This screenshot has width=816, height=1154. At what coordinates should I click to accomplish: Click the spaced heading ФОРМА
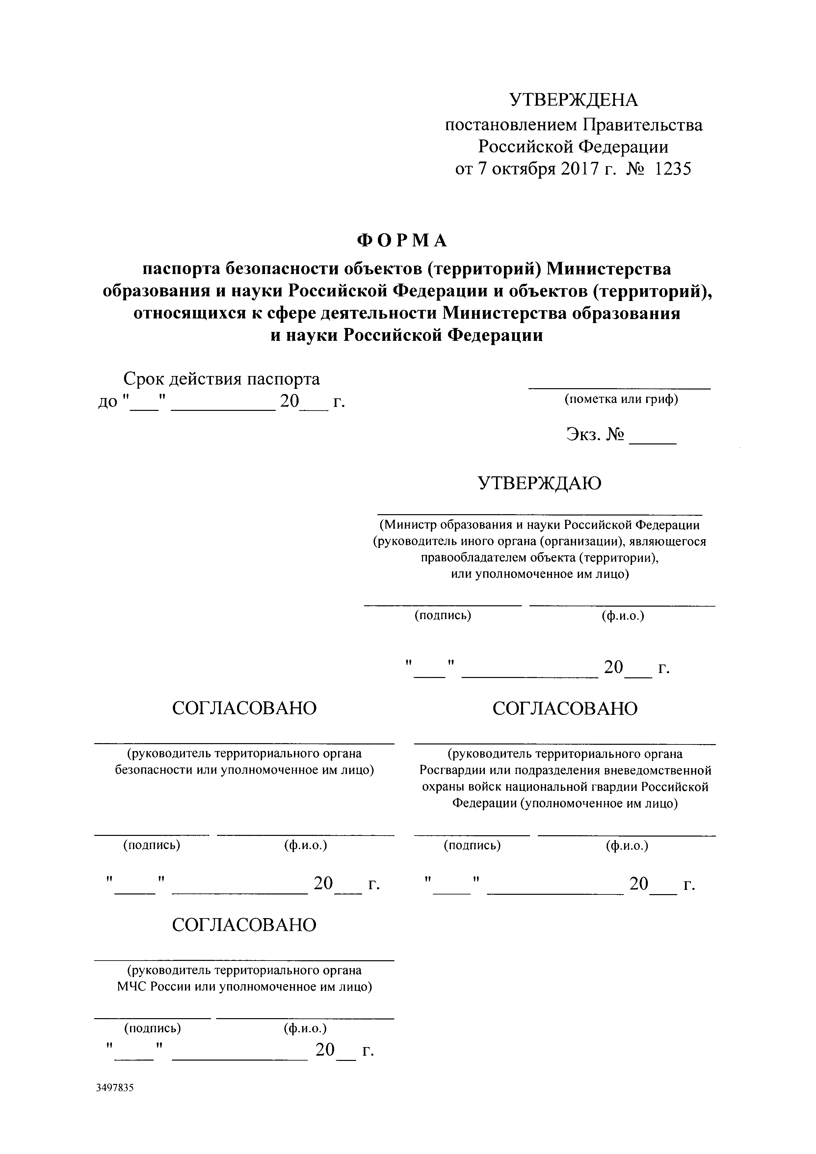[402, 241]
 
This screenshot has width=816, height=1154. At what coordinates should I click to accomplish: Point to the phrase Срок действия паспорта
[222, 379]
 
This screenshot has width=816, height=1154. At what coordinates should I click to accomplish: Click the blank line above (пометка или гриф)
[619, 388]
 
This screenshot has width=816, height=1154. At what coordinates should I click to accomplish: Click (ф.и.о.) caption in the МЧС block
[305, 1028]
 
